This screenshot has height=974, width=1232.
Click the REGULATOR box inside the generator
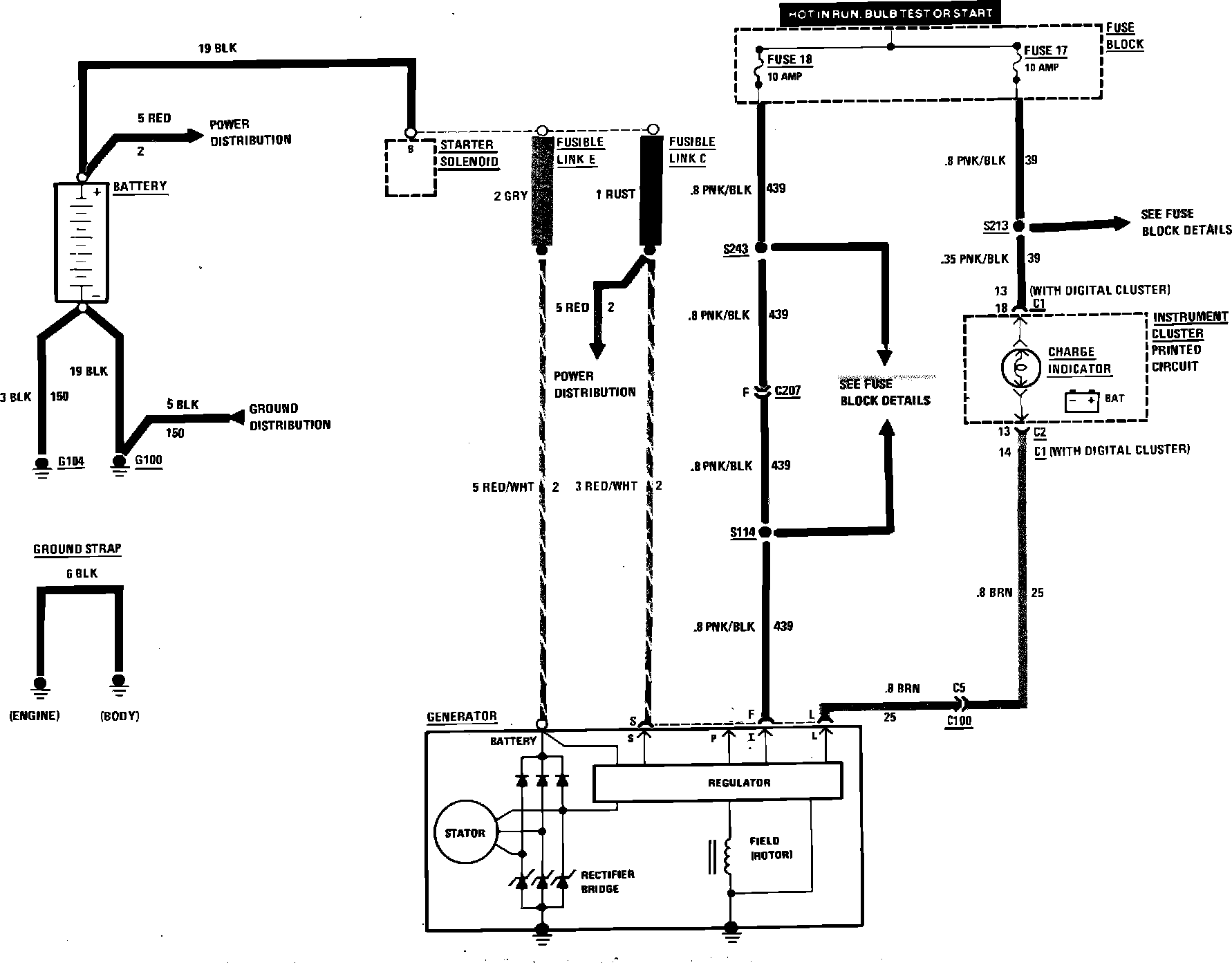click(x=718, y=782)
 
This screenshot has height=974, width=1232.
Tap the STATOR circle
click(x=465, y=832)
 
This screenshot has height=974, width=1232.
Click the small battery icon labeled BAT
click(x=1082, y=401)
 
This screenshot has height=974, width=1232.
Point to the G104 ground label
click(x=71, y=461)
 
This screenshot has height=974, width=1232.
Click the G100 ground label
click(x=148, y=460)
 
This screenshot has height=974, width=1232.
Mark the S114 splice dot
click(x=765, y=533)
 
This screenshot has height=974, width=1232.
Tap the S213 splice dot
click(x=1017, y=226)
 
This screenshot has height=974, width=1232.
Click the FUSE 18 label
click(x=790, y=59)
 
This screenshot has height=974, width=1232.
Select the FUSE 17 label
click(x=1045, y=50)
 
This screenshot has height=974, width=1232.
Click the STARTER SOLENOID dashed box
click(x=411, y=167)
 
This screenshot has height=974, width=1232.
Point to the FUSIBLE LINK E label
click(x=580, y=151)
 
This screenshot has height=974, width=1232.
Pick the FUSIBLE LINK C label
click(x=691, y=150)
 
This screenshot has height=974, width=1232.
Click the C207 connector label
click(x=787, y=391)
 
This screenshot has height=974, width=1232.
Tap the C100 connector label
click(x=959, y=720)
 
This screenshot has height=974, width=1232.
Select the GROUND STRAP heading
click(x=77, y=549)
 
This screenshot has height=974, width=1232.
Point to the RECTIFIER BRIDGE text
click(x=608, y=881)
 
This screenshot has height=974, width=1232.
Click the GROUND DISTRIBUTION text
click(x=290, y=416)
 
